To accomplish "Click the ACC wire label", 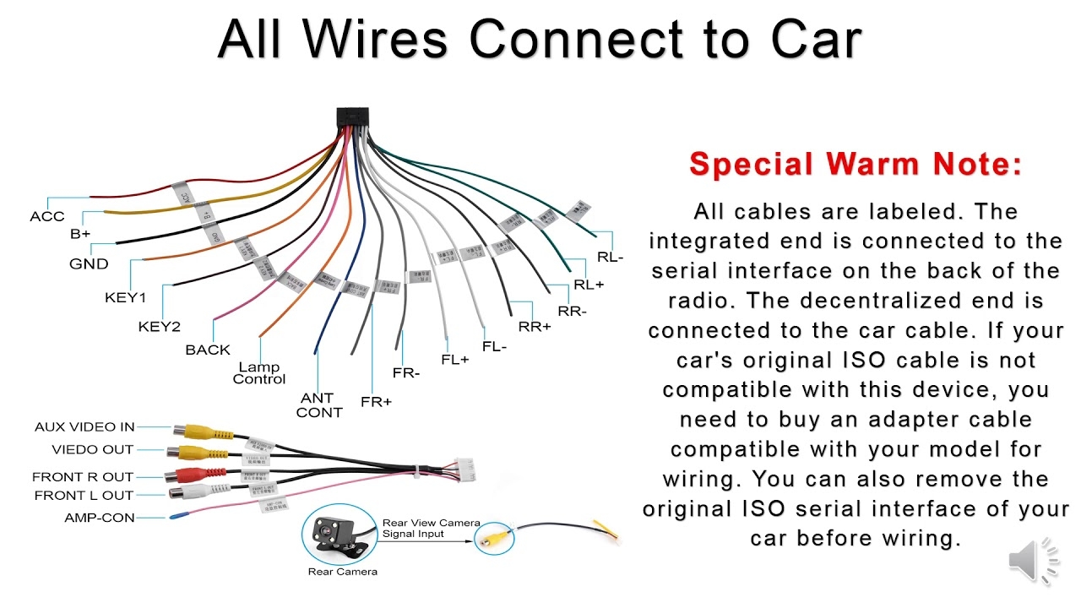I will tap(46, 216).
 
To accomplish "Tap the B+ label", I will tap(80, 234).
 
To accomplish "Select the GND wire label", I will tap(89, 263).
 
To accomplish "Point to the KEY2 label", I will tap(159, 327).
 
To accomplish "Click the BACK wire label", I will tap(208, 350).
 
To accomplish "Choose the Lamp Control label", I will tap(259, 373).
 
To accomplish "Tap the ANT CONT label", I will tap(319, 405).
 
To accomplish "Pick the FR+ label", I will tap(376, 402).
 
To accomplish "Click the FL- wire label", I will tap(494, 347).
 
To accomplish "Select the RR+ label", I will tap(534, 327).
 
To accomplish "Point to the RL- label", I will tap(610, 258).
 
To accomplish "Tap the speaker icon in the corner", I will tap(1033, 561).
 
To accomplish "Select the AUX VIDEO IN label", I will tap(84, 427).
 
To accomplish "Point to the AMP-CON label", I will tap(100, 518).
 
